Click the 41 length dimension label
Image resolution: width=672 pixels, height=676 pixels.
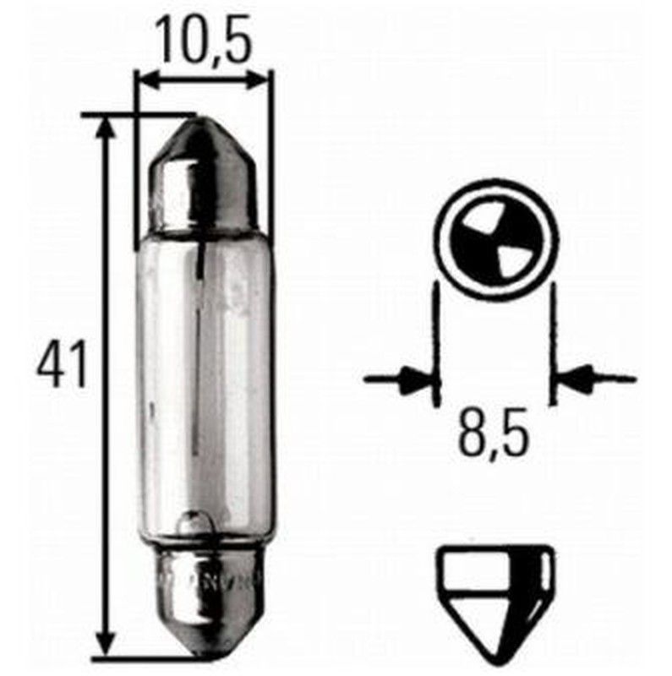click(x=63, y=366)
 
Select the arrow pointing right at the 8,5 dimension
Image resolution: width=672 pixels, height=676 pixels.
click(x=412, y=378)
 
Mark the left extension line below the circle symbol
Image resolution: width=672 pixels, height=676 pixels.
click(x=436, y=346)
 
